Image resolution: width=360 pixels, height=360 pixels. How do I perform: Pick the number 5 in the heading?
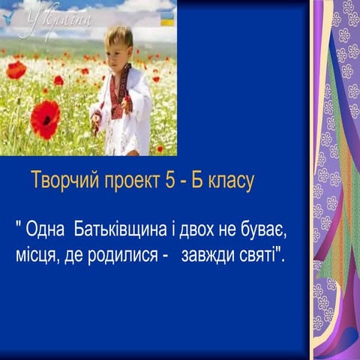(169, 181)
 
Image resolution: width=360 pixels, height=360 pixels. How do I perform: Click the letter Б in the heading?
(198, 181)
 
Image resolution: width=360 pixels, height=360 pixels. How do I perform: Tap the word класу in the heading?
(233, 181)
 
